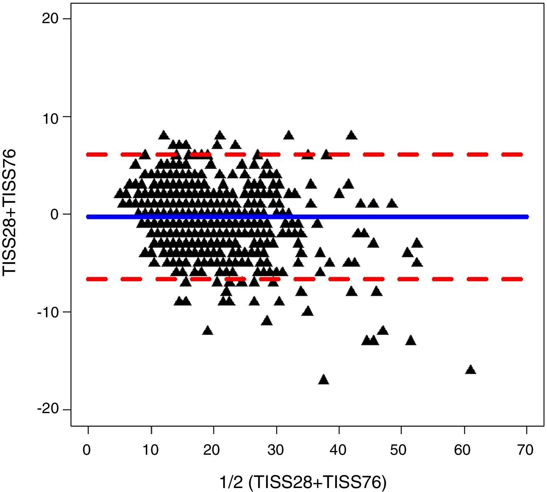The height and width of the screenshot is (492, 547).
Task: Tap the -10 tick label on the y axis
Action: click(48, 312)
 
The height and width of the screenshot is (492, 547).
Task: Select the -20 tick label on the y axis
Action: click(48, 410)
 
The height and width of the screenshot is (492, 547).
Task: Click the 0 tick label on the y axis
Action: click(54, 215)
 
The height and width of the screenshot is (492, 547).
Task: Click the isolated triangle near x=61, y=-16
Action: click(470, 370)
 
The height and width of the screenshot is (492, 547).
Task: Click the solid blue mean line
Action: click(398, 217)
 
